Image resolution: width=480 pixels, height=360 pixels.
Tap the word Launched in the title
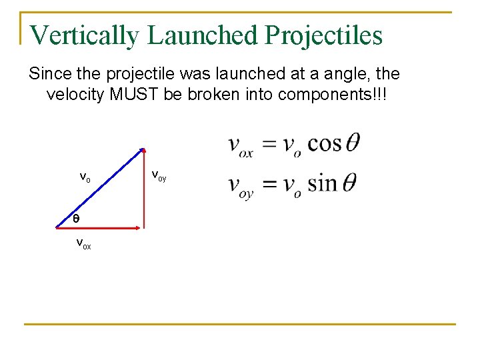click(x=203, y=35)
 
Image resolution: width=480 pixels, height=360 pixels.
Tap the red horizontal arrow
click(x=100, y=228)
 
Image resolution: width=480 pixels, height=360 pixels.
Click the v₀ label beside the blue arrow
click(x=85, y=177)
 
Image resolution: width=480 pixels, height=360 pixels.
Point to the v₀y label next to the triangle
click(x=159, y=176)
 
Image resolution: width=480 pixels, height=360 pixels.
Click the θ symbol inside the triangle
click(x=76, y=219)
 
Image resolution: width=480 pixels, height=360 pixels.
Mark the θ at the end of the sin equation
click(x=348, y=182)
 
